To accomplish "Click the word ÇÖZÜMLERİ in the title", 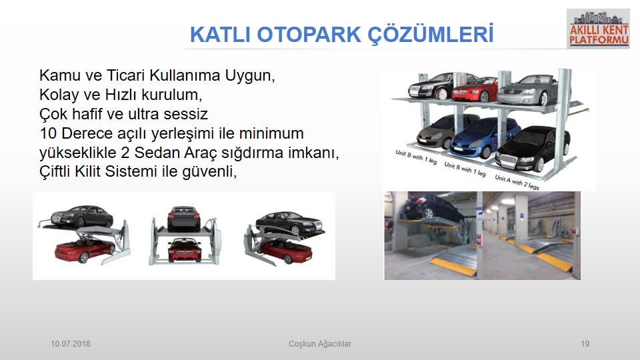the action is click(x=431, y=33).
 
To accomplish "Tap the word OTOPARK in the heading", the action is click(x=309, y=34).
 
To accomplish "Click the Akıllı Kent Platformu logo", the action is click(x=599, y=29).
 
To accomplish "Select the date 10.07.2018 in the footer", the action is click(x=71, y=344).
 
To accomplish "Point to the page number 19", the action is click(x=585, y=344).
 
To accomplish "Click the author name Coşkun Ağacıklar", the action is click(x=320, y=344).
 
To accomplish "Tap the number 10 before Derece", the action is click(x=48, y=133).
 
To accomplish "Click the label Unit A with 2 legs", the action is click(x=517, y=182).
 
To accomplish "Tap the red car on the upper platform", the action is click(x=475, y=90).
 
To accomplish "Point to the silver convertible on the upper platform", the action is click(x=527, y=90).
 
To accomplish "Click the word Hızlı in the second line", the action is click(x=121, y=95).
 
